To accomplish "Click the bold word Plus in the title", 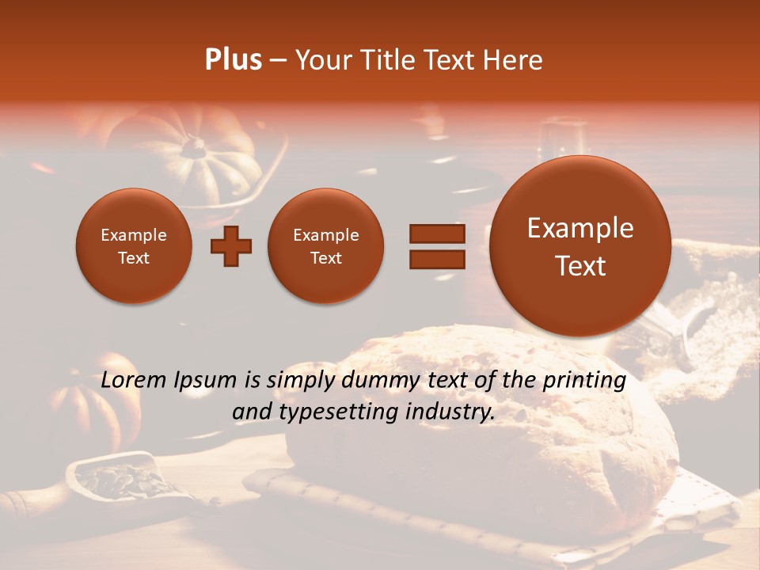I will point(233,60).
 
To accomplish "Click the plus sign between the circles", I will point(231,246).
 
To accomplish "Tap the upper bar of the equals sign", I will point(436,234).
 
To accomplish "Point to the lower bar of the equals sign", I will point(436,259).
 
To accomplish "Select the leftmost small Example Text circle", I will point(134,246).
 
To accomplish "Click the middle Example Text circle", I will point(326,246).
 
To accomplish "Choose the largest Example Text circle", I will point(580,246).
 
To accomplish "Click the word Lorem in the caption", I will point(134,381).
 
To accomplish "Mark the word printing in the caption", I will point(584,381).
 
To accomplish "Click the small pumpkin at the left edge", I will point(87,404).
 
